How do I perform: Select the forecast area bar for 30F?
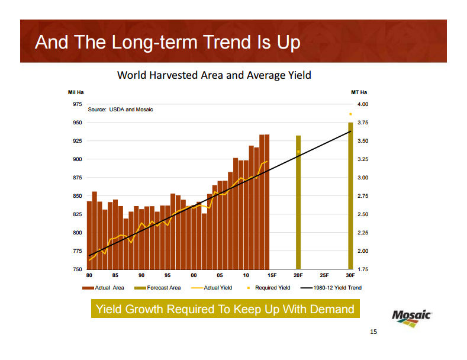point(350,195)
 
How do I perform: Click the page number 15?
point(373,332)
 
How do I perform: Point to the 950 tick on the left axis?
point(77,123)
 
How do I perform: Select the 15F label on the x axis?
point(272,276)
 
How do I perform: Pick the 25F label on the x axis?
point(324,276)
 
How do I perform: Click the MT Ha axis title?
point(359,92)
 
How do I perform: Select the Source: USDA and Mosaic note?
point(120,110)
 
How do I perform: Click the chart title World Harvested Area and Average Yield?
point(214,75)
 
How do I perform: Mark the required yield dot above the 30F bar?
point(350,114)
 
